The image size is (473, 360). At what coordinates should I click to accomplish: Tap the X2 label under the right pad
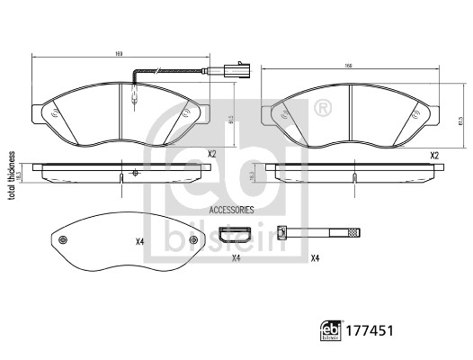[434, 156]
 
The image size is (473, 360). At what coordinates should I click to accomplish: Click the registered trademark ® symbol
[321, 108]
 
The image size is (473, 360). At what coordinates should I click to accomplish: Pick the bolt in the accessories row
[319, 233]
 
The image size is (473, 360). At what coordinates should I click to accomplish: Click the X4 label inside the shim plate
[140, 241]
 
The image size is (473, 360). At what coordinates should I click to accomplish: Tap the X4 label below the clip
[236, 259]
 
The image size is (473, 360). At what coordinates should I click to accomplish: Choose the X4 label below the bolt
[315, 259]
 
